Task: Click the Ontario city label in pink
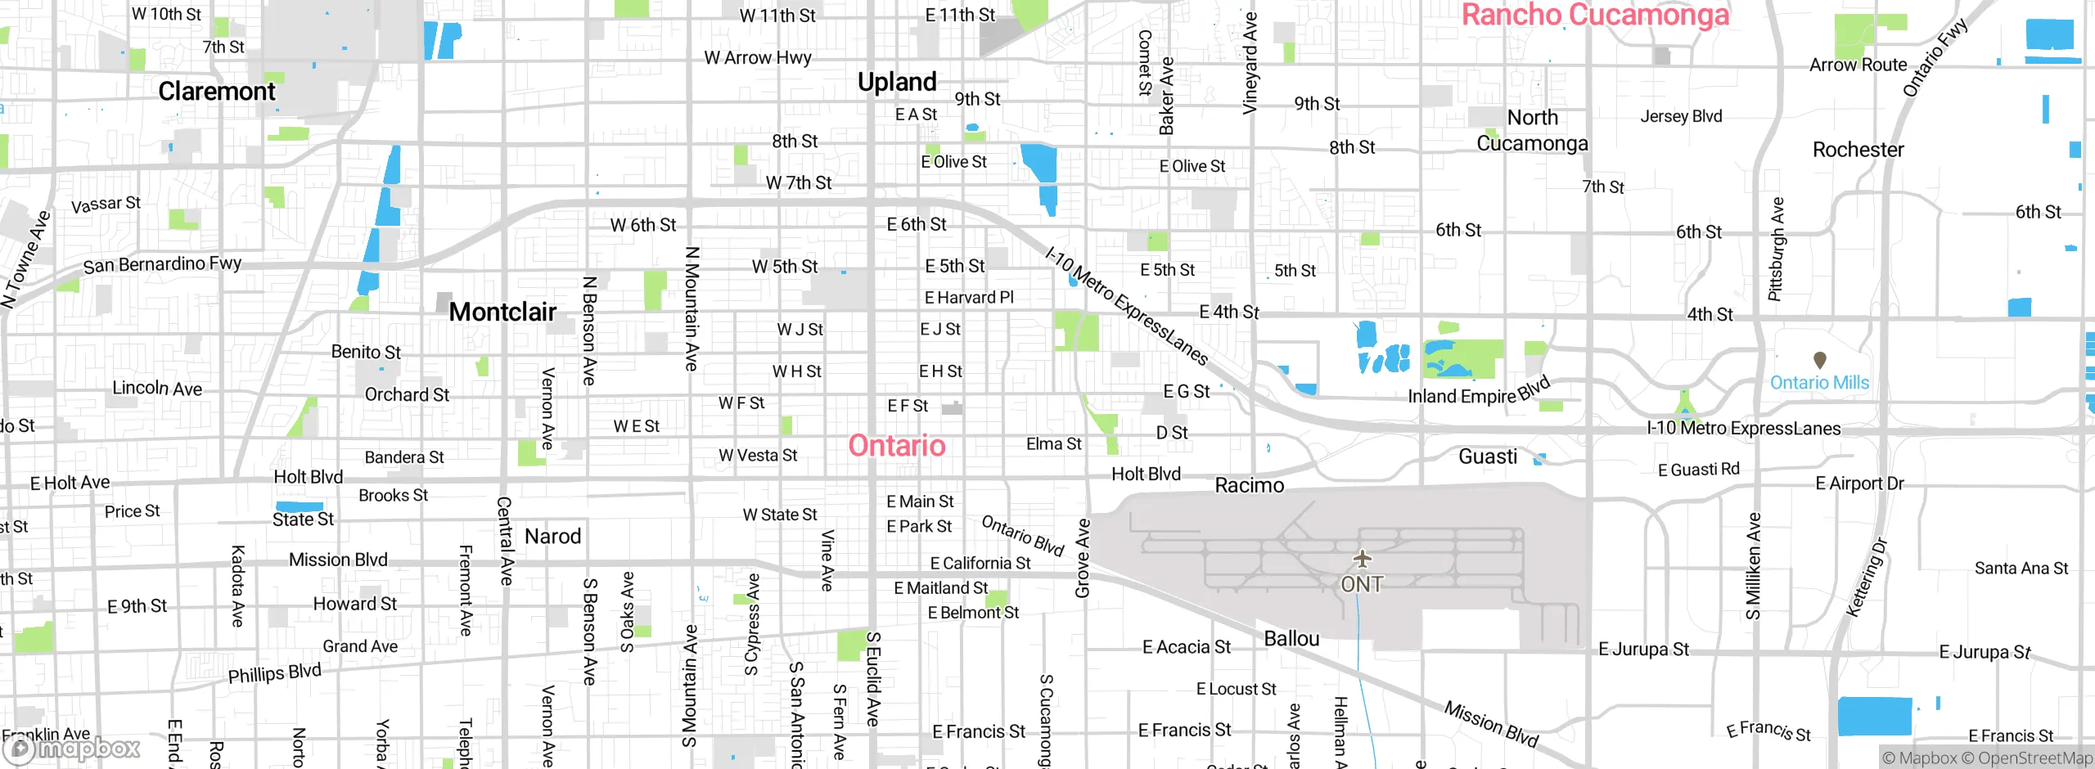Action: pyautogui.click(x=897, y=446)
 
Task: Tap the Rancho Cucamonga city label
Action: pyautogui.click(x=1595, y=15)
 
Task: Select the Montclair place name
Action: pyautogui.click(x=502, y=312)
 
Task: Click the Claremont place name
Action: pyautogui.click(x=217, y=91)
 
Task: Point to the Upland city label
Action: pyautogui.click(x=897, y=82)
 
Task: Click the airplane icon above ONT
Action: pyautogui.click(x=1362, y=559)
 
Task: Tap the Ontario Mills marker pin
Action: pyautogui.click(x=1820, y=360)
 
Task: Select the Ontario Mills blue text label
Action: pyautogui.click(x=1819, y=383)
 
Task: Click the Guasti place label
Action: pyautogui.click(x=1487, y=456)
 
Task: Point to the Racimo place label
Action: pyautogui.click(x=1249, y=485)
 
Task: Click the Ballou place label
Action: pyautogui.click(x=1291, y=639)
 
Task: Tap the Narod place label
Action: pyautogui.click(x=552, y=537)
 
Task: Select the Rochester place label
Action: pyautogui.click(x=1858, y=150)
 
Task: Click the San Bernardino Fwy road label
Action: pyautogui.click(x=162, y=264)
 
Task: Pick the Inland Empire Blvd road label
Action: pyautogui.click(x=1478, y=392)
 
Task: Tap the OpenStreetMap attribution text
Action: pyautogui.click(x=2034, y=758)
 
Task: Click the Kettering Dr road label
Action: pyautogui.click(x=1867, y=577)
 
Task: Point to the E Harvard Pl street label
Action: pyautogui.click(x=968, y=298)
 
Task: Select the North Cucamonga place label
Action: pyautogui.click(x=1532, y=130)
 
